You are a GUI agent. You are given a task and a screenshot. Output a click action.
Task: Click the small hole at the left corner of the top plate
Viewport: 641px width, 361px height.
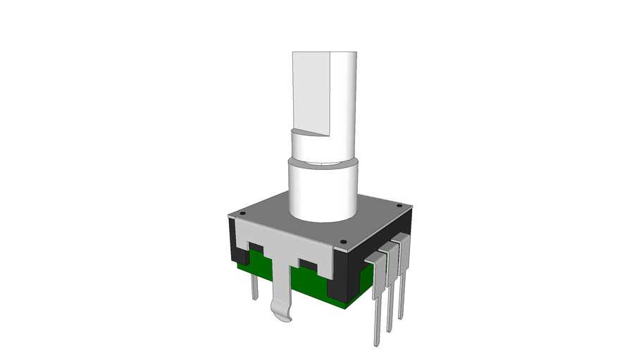pyautogui.click(x=241, y=211)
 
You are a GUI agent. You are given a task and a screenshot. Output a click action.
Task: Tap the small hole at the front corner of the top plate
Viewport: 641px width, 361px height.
pyautogui.click(x=343, y=243)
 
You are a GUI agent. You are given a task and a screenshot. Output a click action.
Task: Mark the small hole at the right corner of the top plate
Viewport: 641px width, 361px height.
pyautogui.click(x=400, y=206)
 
